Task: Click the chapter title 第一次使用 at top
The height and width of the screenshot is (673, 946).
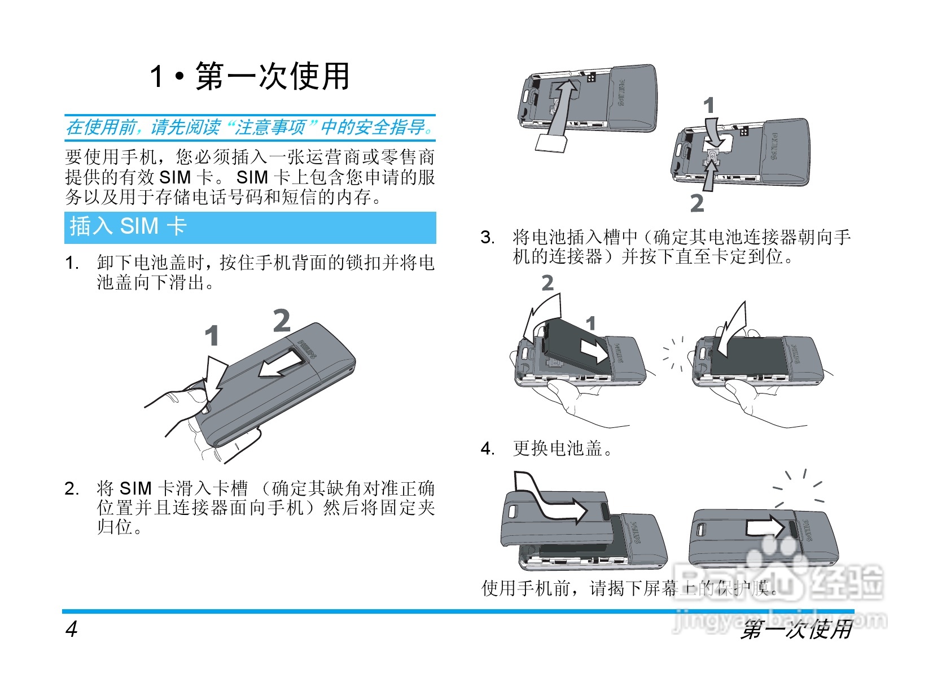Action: [250, 77]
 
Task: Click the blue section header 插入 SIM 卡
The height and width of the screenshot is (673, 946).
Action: [128, 226]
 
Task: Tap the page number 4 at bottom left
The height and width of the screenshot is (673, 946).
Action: [71, 628]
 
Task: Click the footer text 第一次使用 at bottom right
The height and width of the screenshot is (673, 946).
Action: [796, 629]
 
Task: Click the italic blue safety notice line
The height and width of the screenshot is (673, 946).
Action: [250, 127]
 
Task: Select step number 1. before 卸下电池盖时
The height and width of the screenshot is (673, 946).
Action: [72, 263]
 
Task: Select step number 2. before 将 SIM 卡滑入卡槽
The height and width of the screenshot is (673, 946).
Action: [72, 489]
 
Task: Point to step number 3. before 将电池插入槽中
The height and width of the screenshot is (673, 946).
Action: [488, 238]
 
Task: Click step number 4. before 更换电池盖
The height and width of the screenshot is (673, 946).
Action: [488, 449]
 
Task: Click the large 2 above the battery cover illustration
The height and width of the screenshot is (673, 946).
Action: [282, 321]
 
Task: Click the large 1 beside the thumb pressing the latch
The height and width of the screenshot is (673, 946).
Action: [212, 336]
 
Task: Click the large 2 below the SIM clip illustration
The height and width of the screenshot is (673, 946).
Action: [697, 203]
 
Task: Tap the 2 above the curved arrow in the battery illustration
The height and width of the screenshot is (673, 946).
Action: [548, 283]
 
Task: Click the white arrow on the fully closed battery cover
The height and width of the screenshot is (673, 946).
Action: [765, 527]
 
